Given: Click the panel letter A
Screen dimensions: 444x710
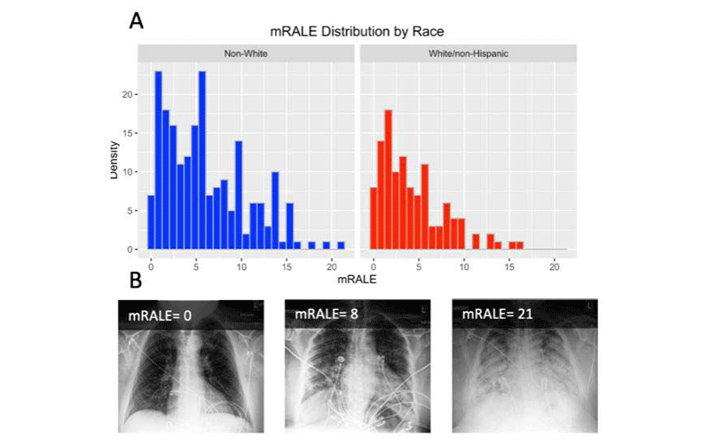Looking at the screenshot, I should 137,20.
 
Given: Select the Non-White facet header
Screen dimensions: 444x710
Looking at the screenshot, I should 245,54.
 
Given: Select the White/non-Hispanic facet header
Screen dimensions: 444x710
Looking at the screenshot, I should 467,54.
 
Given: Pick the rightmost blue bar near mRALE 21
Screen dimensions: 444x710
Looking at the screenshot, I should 341,245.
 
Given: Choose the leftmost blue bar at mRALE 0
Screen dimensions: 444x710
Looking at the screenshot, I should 151,222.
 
